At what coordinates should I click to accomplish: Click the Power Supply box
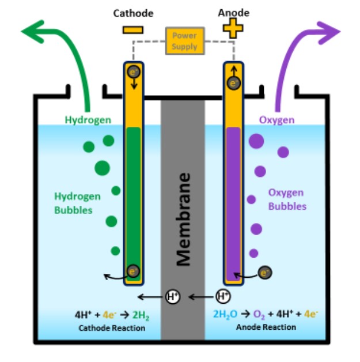(x=184, y=40)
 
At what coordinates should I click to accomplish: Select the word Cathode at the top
(x=134, y=12)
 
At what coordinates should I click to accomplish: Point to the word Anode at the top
(x=233, y=12)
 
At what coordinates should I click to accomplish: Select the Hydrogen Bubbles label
(x=73, y=203)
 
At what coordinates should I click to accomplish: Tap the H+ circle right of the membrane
(x=222, y=297)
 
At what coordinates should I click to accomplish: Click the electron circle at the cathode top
(x=134, y=73)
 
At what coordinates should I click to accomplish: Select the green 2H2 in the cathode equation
(x=142, y=315)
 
